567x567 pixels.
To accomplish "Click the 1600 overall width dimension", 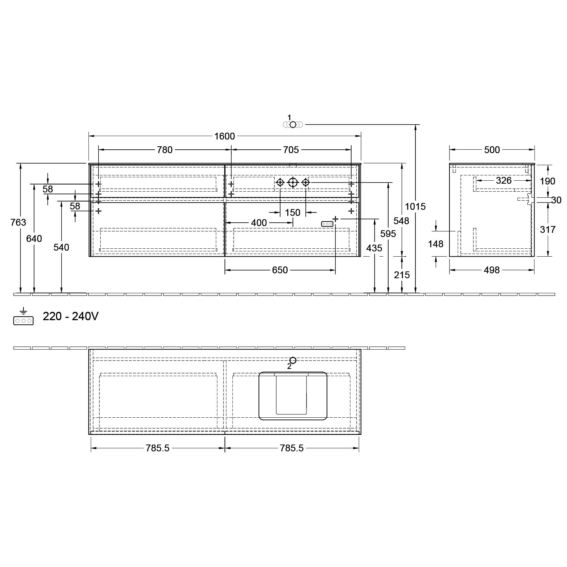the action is tap(225, 136).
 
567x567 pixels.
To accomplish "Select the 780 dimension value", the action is tap(165, 150).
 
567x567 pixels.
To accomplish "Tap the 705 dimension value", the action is tap(291, 150).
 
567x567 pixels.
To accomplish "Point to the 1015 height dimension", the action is tap(415, 206).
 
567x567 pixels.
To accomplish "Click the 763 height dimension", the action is tap(19, 222).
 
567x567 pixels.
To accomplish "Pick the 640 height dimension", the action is tap(34, 239).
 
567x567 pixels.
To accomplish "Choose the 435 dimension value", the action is tap(374, 248).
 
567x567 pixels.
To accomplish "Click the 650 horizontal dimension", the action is tap(280, 270).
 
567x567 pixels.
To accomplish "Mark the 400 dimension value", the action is tap(259, 223).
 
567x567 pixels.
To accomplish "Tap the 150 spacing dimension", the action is tap(293, 212).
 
